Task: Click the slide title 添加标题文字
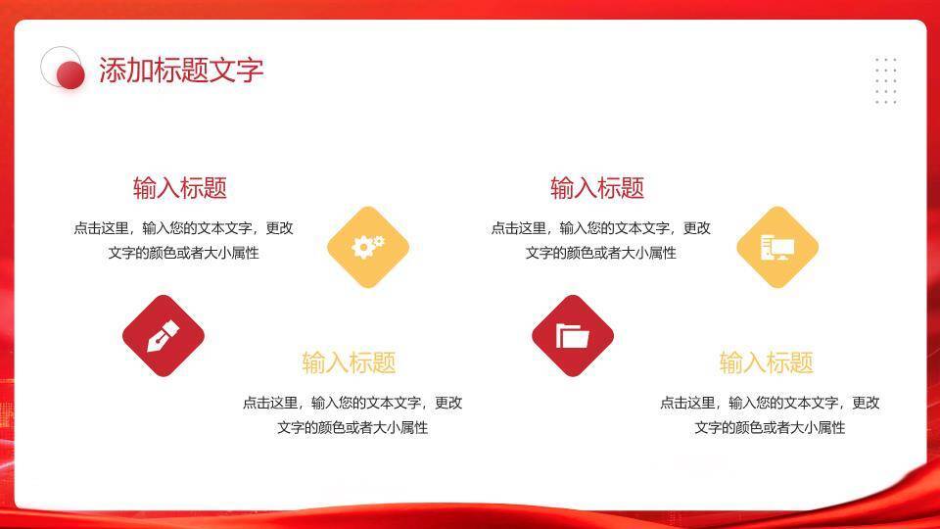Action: coord(181,71)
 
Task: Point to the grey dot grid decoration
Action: coord(885,80)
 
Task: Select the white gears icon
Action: coord(368,247)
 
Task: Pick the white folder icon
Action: coord(573,336)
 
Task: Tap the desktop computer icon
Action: coord(776,247)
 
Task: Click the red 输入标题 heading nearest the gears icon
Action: coord(180,188)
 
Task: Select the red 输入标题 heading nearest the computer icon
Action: coord(597,188)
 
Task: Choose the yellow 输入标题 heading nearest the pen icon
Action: coord(349,362)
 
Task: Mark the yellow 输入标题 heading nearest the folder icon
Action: coord(766,362)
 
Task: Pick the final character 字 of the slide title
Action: coord(251,71)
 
